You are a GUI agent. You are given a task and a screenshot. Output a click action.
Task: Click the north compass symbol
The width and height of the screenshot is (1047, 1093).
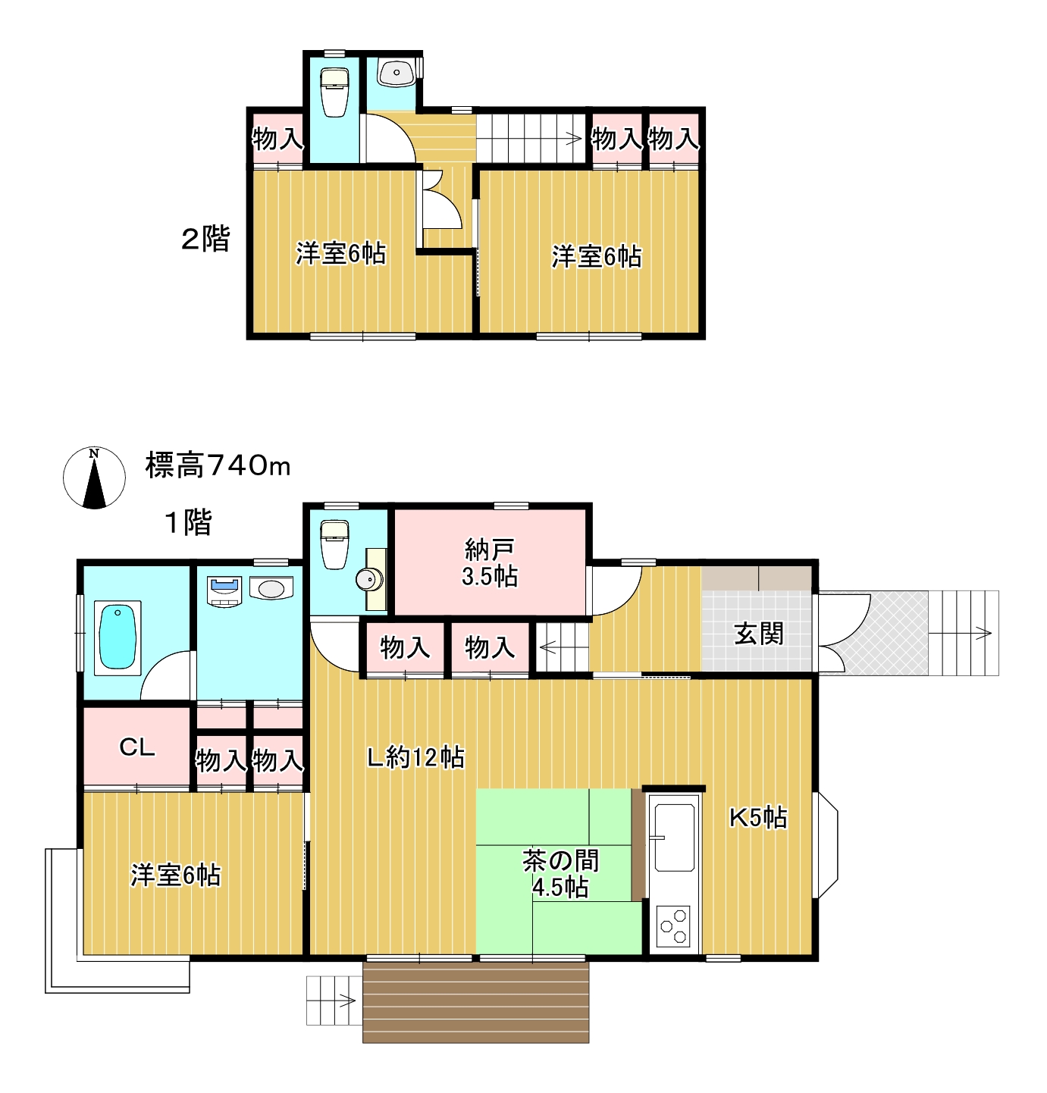click(x=94, y=478)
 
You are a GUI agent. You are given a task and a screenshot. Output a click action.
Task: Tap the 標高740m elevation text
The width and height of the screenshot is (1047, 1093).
click(x=218, y=465)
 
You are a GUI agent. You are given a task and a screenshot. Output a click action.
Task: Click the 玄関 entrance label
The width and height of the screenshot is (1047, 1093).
click(x=758, y=634)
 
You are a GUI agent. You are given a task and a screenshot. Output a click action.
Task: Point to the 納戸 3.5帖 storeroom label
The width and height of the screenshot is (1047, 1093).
click(x=490, y=562)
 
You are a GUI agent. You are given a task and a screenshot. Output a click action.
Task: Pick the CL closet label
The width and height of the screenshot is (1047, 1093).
click(x=136, y=747)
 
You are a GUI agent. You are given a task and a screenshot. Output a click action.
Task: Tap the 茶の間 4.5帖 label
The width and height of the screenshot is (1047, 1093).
click(x=560, y=873)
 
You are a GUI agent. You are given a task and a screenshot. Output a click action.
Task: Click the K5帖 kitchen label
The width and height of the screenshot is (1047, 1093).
click(x=757, y=818)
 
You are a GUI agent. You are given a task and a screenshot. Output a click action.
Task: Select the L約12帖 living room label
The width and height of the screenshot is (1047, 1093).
click(x=415, y=758)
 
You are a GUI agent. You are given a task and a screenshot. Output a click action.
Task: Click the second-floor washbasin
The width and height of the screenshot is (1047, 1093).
click(x=396, y=73)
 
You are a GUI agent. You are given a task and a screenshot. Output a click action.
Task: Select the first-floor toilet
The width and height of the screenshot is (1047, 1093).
click(x=334, y=544)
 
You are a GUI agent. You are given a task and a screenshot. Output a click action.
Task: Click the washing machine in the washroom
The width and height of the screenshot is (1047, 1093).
click(x=224, y=592)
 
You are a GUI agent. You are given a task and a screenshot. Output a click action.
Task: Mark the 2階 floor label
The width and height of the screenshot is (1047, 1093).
click(x=205, y=238)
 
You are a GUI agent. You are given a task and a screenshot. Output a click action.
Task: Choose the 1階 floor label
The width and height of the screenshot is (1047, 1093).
click(x=188, y=521)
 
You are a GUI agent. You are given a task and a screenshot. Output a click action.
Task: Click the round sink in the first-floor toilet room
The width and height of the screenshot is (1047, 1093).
click(x=368, y=579)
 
